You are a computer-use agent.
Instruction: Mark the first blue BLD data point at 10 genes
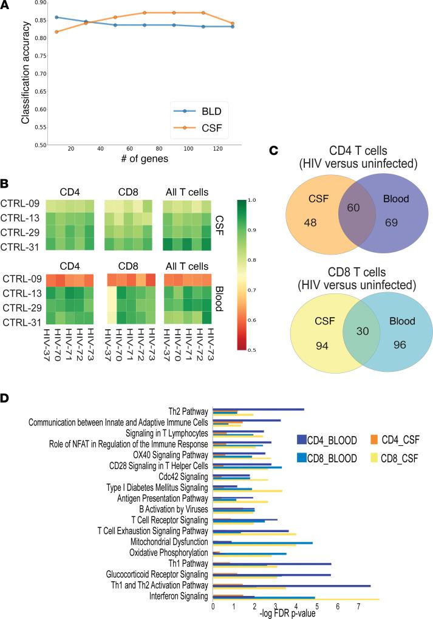(56, 17)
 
